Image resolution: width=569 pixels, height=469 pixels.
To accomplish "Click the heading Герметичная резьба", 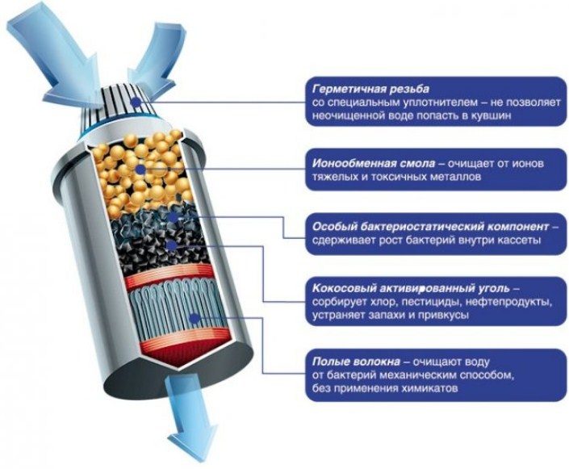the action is click(x=370, y=89).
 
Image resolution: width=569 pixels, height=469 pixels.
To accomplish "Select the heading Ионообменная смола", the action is click(x=374, y=163).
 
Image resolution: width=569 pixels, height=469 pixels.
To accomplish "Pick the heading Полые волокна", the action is click(x=356, y=362).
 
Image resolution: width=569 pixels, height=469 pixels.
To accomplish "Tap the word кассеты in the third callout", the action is click(x=518, y=241).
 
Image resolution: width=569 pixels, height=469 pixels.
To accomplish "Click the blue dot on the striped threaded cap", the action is click(x=136, y=103).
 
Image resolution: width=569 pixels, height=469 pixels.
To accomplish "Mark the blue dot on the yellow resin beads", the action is click(x=140, y=170).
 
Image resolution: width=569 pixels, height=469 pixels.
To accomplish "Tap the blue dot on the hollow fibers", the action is click(x=195, y=319).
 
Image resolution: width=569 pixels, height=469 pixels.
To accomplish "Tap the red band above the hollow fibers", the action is click(x=169, y=274).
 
